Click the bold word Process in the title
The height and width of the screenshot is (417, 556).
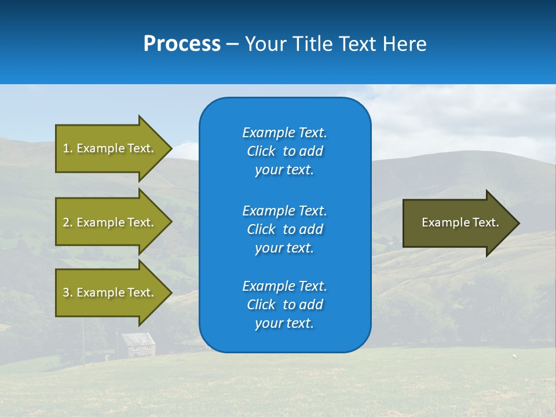(x=182, y=44)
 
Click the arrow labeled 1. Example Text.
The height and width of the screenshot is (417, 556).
(x=110, y=148)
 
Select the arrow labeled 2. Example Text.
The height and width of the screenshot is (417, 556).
(x=110, y=222)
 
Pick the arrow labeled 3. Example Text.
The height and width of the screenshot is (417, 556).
(x=110, y=292)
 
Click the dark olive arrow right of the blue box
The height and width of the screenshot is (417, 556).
(x=458, y=223)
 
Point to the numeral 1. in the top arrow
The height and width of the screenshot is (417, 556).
(x=68, y=148)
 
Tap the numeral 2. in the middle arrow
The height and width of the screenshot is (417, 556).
(x=68, y=222)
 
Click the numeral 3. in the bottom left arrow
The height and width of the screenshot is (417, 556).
(x=68, y=292)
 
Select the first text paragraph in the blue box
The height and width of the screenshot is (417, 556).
(x=284, y=151)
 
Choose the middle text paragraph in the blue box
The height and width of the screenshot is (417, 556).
(x=284, y=229)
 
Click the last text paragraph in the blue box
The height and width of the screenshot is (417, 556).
(x=284, y=305)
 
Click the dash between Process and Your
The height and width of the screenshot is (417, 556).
(x=232, y=44)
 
